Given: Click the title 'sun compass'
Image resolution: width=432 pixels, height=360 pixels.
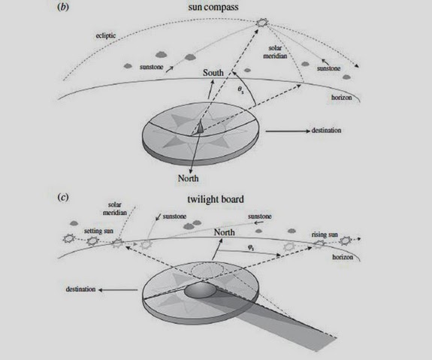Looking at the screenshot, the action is [x=213, y=7].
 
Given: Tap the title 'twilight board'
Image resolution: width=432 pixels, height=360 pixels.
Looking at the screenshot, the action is [x=216, y=199].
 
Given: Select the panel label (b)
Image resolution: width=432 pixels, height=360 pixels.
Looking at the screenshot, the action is [x=63, y=7].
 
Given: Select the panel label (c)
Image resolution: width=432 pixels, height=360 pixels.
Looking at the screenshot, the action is [x=63, y=198].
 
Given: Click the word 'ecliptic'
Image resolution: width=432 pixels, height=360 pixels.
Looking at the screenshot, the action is [x=106, y=35].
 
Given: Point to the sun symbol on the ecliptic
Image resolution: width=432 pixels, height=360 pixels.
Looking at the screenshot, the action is [x=261, y=23].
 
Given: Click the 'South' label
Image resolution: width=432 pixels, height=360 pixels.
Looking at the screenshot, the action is [x=213, y=73].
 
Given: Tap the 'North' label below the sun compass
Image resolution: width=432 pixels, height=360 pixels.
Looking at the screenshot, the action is [x=188, y=178].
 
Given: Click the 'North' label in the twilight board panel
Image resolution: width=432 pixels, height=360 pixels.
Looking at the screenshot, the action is [x=225, y=232].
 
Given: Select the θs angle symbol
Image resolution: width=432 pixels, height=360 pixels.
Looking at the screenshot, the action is [x=241, y=90].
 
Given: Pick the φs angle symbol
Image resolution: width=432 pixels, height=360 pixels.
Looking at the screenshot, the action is [x=251, y=248].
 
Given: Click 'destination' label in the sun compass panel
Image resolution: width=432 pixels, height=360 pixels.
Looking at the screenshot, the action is [x=326, y=130].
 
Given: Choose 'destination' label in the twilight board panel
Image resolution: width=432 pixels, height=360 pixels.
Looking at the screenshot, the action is [x=80, y=289].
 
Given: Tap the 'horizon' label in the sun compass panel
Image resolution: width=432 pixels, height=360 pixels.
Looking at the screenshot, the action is [x=342, y=98].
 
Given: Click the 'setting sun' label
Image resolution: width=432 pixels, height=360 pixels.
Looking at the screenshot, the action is [x=98, y=231].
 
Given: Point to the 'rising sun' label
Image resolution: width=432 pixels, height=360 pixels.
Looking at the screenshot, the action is [x=325, y=234].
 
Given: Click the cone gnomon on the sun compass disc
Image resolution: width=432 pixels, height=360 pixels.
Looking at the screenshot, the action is [x=201, y=128].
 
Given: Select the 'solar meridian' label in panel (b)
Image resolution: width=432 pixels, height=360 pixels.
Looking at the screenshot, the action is [x=275, y=52].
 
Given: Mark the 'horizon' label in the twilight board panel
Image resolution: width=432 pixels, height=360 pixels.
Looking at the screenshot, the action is [x=343, y=257].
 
